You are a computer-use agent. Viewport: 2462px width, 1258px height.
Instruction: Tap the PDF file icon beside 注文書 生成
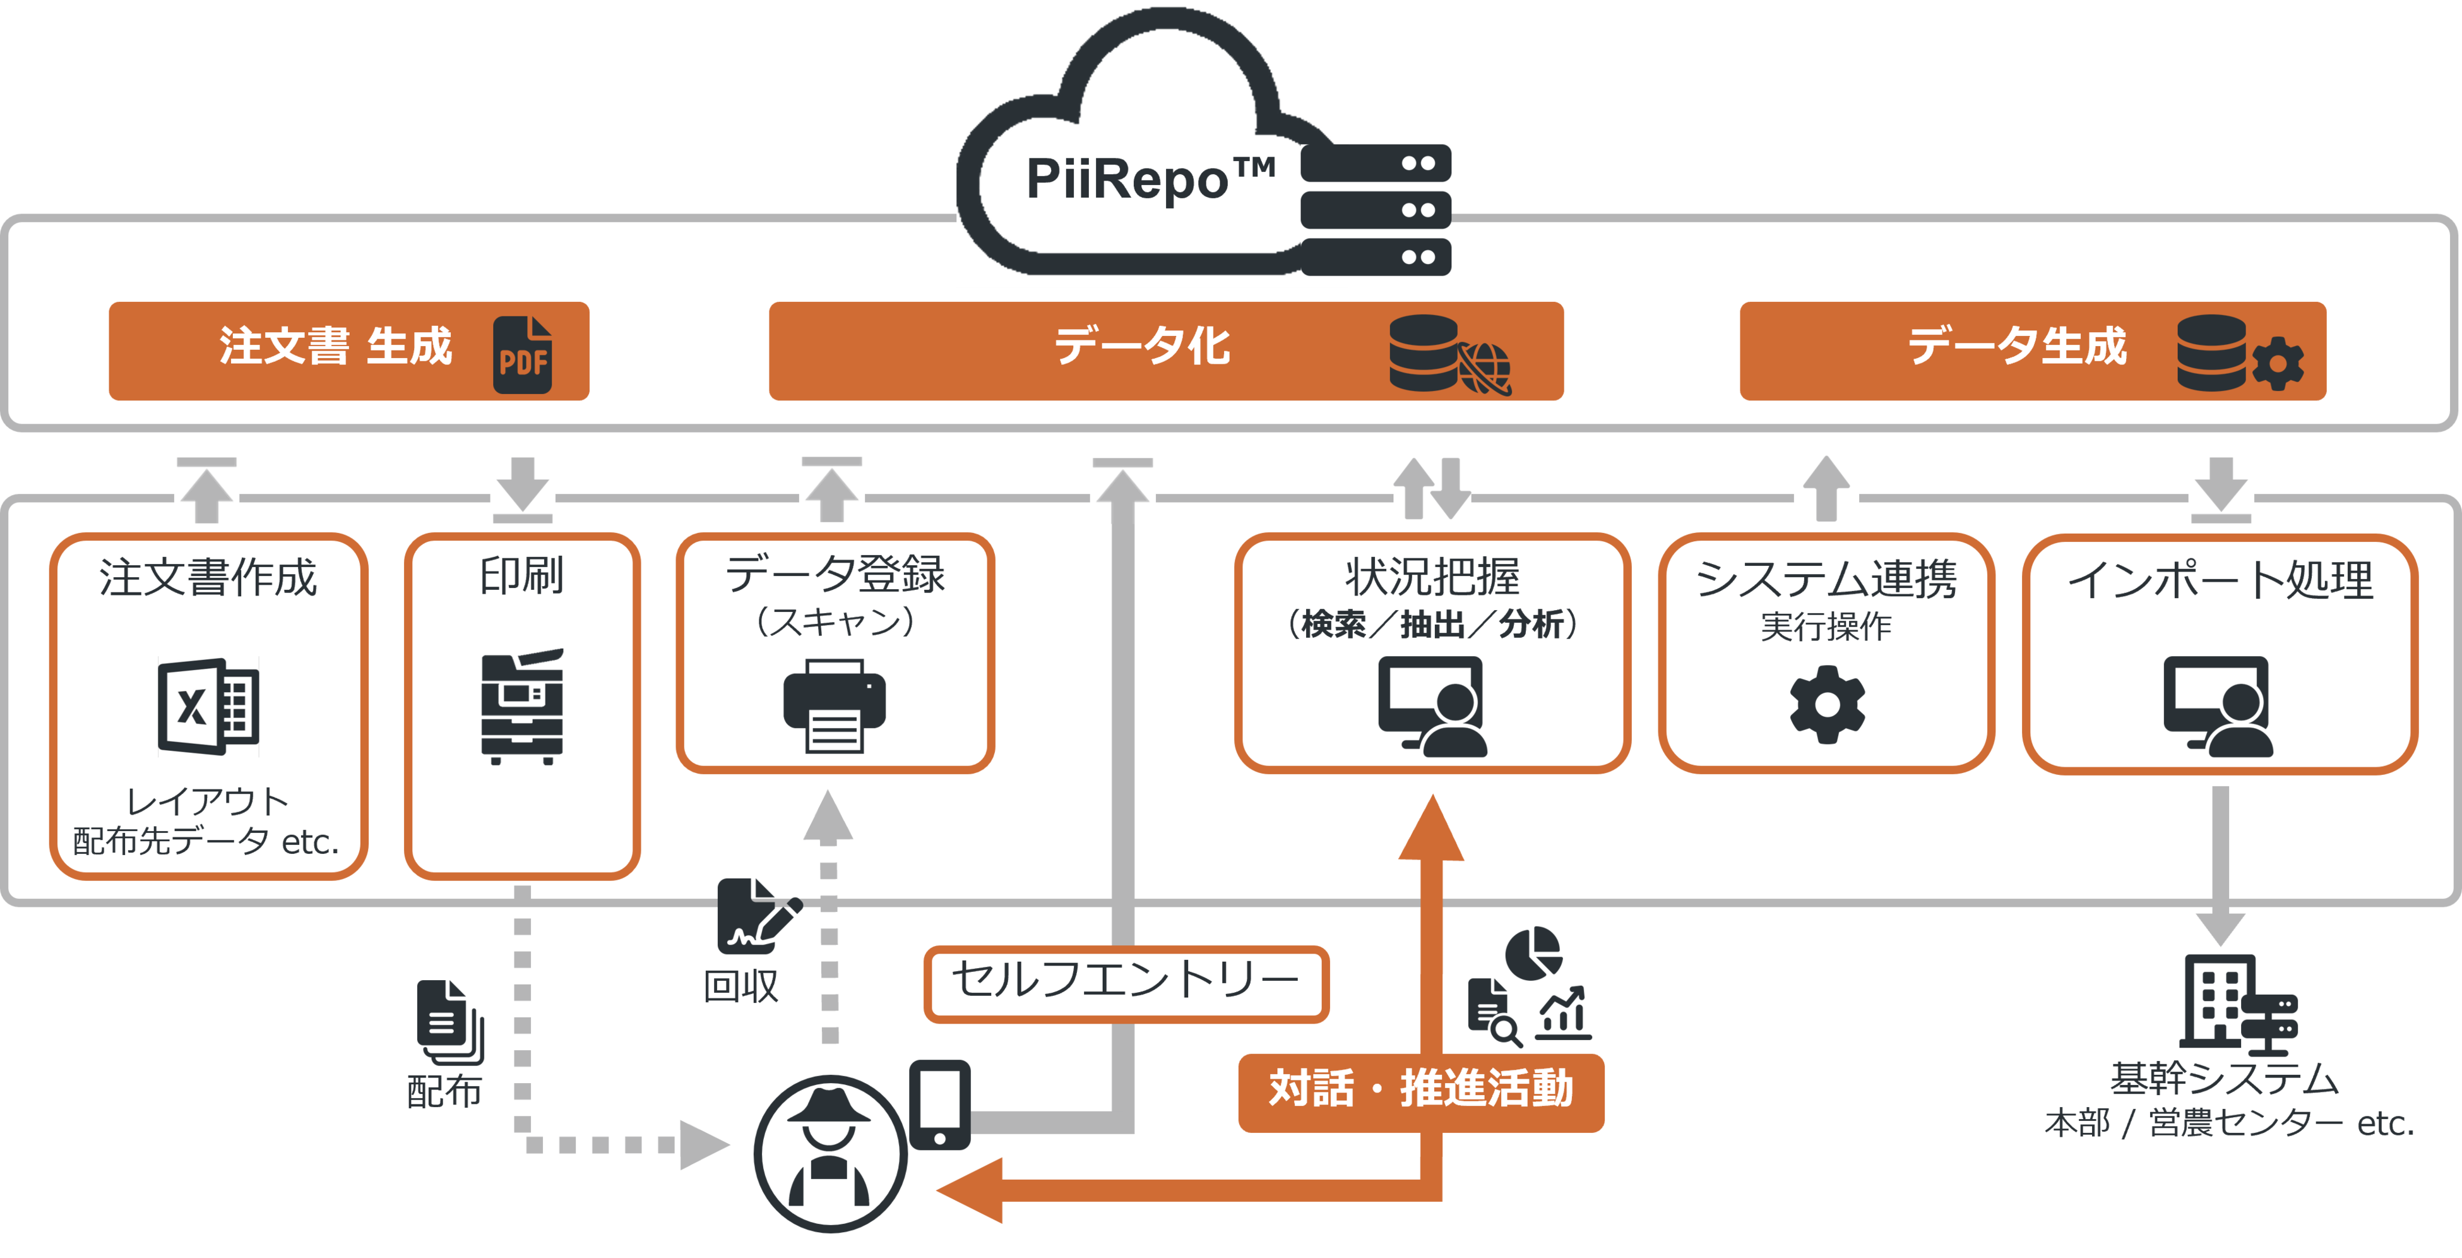pyautogui.click(x=523, y=355)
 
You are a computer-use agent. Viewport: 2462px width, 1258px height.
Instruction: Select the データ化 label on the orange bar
pyautogui.click(x=1142, y=346)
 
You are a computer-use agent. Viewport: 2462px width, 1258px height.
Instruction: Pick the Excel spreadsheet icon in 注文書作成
pyautogui.click(x=208, y=707)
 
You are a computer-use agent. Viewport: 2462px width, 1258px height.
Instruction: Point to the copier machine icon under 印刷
pyautogui.click(x=522, y=707)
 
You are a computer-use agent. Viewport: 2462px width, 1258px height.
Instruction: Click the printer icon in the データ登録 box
pyautogui.click(x=833, y=707)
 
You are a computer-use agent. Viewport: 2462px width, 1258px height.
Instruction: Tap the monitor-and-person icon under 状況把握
pyautogui.click(x=1432, y=707)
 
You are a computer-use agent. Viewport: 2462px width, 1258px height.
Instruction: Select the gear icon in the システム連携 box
pyautogui.click(x=1826, y=705)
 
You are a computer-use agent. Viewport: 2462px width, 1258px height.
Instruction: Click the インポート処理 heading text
pyautogui.click(x=2220, y=579)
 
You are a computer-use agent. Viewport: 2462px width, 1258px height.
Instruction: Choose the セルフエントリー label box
pyautogui.click(x=1126, y=982)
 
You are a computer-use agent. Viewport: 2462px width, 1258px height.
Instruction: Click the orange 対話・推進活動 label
pyautogui.click(x=1420, y=1091)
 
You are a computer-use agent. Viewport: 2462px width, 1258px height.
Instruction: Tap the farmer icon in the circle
pyautogui.click(x=830, y=1153)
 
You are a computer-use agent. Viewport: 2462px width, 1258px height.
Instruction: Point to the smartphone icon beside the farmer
pyautogui.click(x=939, y=1104)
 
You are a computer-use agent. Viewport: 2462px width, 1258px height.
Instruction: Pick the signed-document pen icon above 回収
pyautogui.click(x=757, y=916)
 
